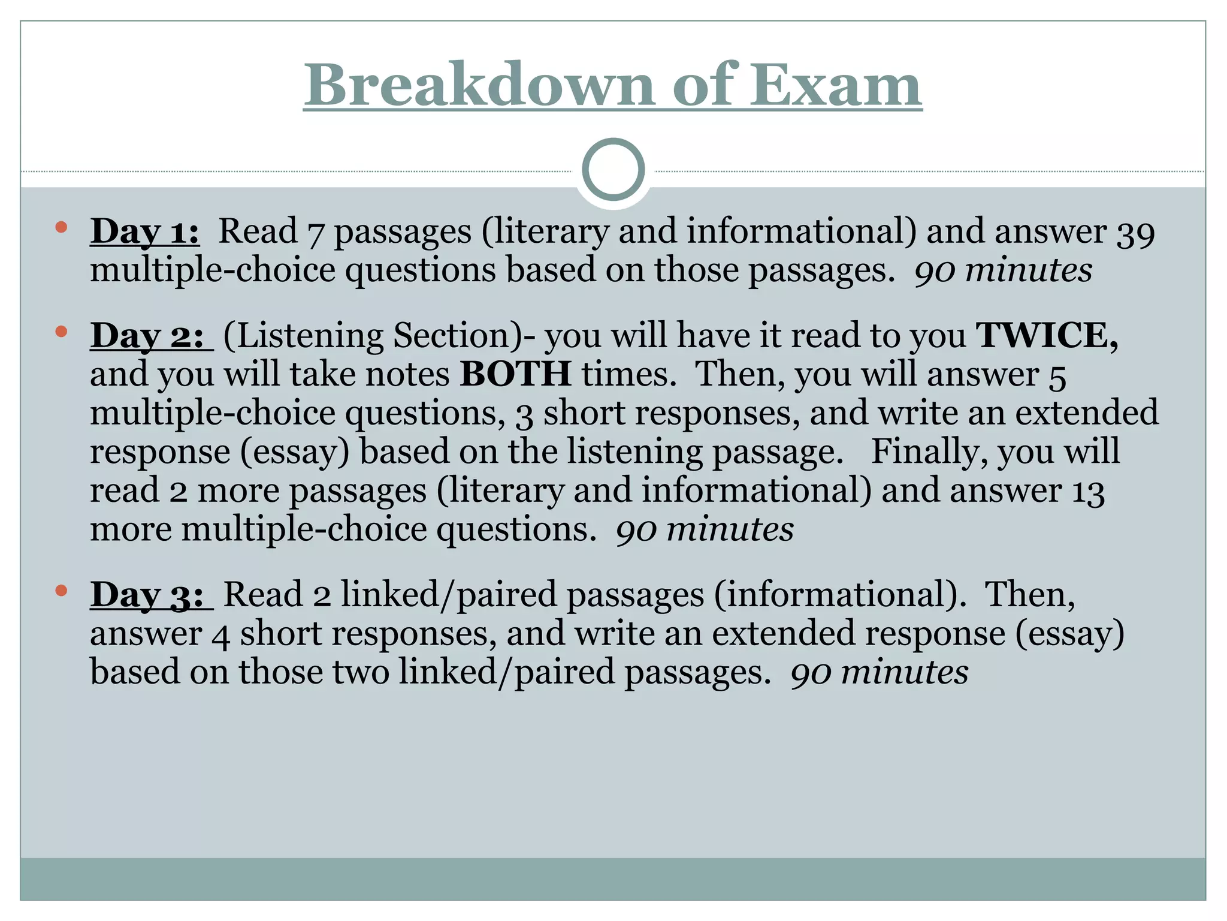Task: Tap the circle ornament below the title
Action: point(613,170)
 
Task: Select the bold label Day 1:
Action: point(144,231)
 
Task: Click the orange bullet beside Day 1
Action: point(61,227)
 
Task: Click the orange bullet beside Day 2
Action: point(61,331)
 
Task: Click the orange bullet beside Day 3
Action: point(61,591)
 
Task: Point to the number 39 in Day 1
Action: point(1135,233)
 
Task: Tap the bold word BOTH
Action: point(515,374)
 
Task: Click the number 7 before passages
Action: point(315,234)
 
